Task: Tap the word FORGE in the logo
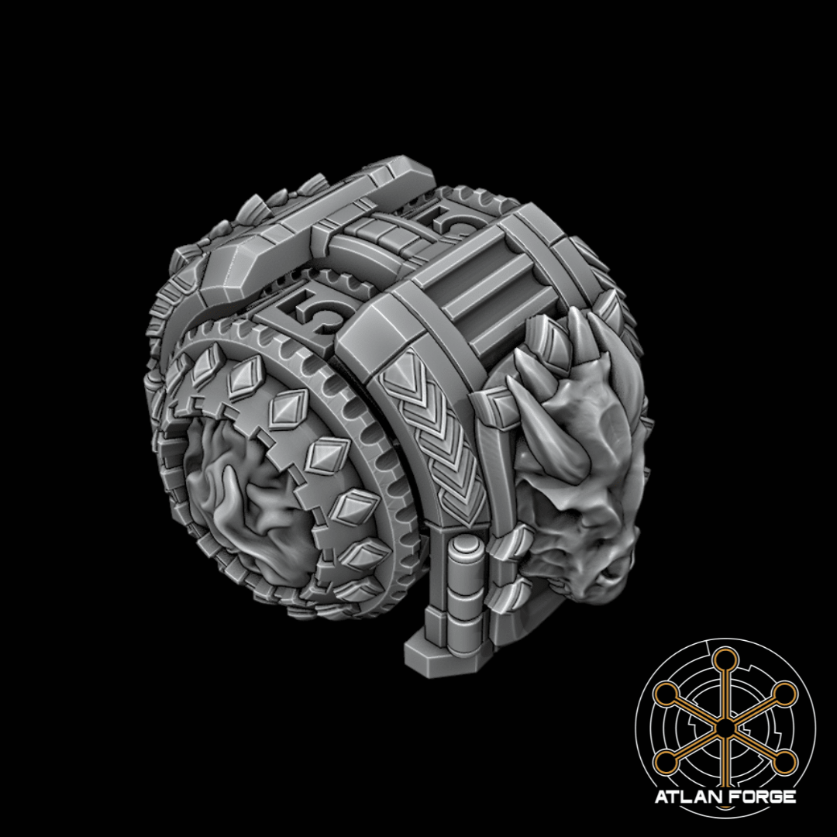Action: click(x=761, y=797)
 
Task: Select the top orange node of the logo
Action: click(x=725, y=660)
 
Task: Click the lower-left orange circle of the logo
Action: click(x=664, y=763)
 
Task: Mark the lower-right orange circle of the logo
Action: click(x=785, y=763)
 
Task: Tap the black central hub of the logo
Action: click(x=725, y=728)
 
